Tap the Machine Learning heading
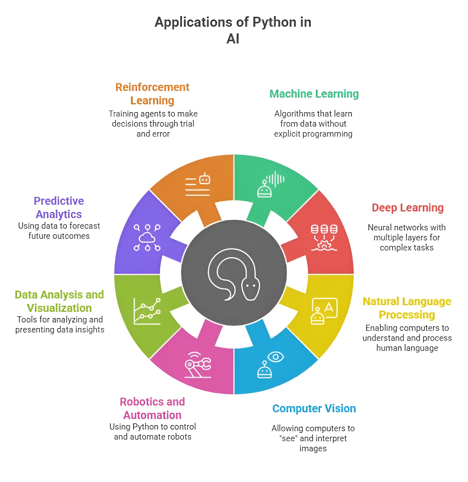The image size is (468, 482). pyautogui.click(x=314, y=94)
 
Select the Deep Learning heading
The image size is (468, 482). pyautogui.click(x=408, y=208)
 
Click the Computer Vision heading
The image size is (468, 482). pyautogui.click(x=314, y=409)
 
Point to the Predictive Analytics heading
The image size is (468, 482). pyautogui.click(x=59, y=208)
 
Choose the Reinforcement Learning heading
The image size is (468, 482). pyautogui.click(x=152, y=94)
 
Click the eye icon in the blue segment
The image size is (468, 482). pyautogui.click(x=276, y=357)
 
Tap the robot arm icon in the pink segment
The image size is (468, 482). pyautogui.click(x=198, y=365)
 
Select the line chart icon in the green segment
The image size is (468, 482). pyautogui.click(x=147, y=311)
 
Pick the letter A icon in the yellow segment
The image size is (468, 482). pyautogui.click(x=329, y=307)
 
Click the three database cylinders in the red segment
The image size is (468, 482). pyautogui.click(x=324, y=229)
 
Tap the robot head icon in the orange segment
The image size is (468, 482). pyautogui.click(x=205, y=179)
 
